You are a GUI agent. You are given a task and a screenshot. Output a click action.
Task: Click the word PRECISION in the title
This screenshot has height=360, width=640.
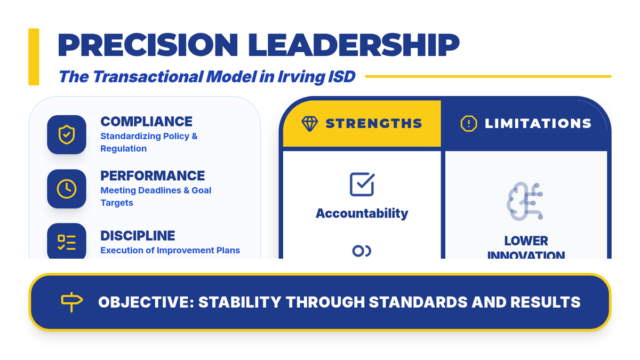[x=148, y=45]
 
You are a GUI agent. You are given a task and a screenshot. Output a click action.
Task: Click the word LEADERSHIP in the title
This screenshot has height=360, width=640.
[x=354, y=45]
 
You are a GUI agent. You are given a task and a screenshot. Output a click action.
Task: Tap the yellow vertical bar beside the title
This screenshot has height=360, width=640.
[x=34, y=57]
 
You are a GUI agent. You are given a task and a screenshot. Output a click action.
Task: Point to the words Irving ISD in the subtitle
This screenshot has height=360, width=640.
[x=316, y=77]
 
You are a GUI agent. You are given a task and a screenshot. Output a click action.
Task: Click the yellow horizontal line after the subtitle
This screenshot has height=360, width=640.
[x=488, y=77]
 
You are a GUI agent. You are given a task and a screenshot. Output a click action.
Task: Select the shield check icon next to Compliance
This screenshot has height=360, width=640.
[x=67, y=134]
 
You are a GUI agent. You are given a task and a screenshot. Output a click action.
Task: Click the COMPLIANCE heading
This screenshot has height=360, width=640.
[x=146, y=122]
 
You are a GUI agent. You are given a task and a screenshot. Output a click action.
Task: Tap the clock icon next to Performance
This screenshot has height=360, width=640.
[x=67, y=189]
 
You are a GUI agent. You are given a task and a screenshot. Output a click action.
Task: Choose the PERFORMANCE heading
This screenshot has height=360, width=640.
[x=153, y=175]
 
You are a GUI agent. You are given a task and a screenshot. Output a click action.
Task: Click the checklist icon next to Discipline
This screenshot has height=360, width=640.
[x=67, y=242]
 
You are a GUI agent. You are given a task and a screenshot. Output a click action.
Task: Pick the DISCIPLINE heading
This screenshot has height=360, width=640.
[x=138, y=236]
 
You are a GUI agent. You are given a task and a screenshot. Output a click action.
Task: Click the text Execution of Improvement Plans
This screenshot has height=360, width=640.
[x=170, y=250]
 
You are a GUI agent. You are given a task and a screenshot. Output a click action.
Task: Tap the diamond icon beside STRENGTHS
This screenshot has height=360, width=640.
[x=310, y=124]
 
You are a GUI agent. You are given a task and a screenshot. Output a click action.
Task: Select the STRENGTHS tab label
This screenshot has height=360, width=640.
[x=374, y=124]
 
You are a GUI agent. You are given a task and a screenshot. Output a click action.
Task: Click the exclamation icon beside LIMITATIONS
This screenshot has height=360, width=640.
[x=469, y=124]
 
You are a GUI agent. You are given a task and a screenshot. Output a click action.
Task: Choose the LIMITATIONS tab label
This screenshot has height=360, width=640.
[x=538, y=124]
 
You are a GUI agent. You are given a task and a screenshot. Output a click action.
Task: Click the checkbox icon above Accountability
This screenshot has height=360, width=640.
[x=362, y=185]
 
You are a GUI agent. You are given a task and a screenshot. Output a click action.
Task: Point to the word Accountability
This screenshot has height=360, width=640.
[x=362, y=213]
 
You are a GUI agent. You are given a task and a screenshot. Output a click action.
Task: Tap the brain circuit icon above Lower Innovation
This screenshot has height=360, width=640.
[x=525, y=201]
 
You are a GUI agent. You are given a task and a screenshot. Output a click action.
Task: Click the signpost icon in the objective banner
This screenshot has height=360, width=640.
[x=72, y=302]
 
